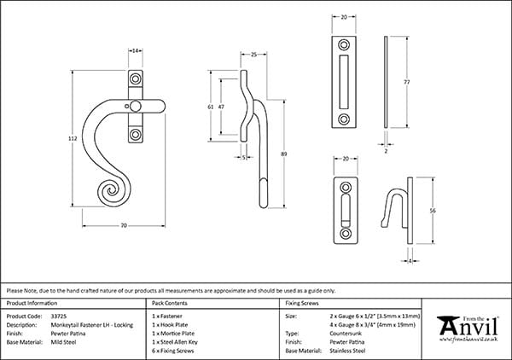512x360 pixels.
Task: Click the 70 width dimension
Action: (x=124, y=225)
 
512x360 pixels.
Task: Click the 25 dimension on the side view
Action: (x=254, y=54)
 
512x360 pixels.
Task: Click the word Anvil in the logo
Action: (x=469, y=328)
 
